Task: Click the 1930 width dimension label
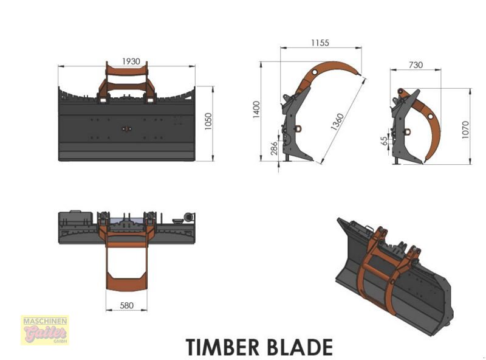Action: [x=131, y=61]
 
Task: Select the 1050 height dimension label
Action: [x=208, y=122]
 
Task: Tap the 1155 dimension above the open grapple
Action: [x=320, y=43]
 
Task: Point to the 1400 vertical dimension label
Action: [x=256, y=109]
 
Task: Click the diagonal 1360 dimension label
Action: [x=337, y=122]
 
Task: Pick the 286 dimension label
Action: [x=275, y=148]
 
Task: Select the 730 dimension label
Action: [x=416, y=65]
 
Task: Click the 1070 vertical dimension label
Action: [x=465, y=130]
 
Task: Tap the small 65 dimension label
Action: [x=384, y=141]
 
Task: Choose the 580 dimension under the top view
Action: [x=126, y=305]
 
